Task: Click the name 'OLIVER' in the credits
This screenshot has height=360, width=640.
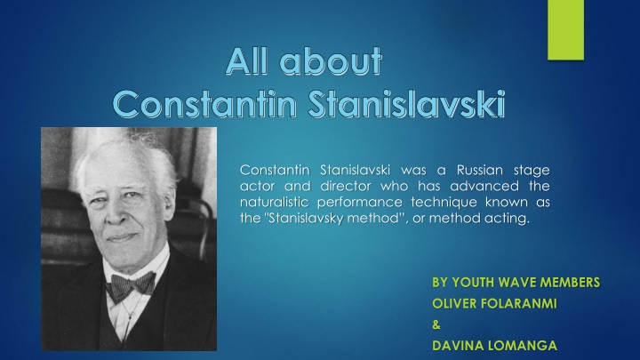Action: click(454, 304)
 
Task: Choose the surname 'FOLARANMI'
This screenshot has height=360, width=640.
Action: click(519, 304)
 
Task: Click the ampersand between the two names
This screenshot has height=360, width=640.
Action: click(436, 326)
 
